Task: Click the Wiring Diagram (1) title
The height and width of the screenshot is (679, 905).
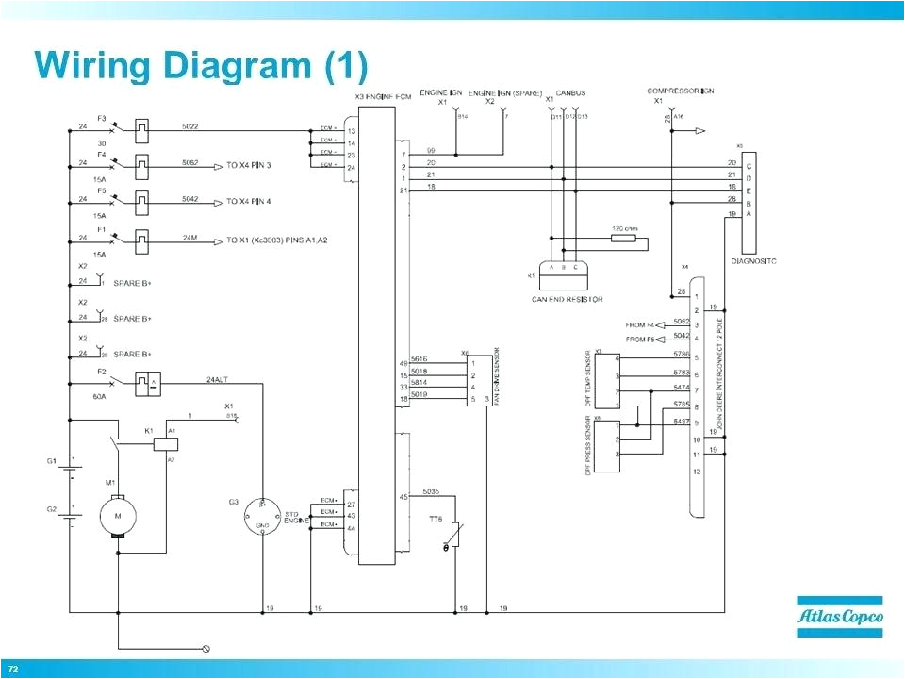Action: coord(201,65)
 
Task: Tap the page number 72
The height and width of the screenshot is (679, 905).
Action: coord(14,669)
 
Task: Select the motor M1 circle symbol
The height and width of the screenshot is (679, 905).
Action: coord(118,515)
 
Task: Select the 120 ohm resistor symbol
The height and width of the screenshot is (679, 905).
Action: coord(623,239)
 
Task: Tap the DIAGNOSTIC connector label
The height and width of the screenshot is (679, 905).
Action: coord(754,260)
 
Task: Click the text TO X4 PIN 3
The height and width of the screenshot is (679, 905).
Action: coord(248,165)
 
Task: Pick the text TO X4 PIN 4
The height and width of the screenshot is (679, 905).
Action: coord(248,201)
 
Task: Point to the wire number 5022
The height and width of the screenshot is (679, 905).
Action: coord(189,125)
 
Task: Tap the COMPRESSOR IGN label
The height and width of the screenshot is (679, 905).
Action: coord(680,91)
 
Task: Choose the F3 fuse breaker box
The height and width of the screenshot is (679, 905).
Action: coord(142,126)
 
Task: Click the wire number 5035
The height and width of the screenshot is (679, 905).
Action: coord(430,491)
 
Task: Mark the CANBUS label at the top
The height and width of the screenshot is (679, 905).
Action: coord(569,92)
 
